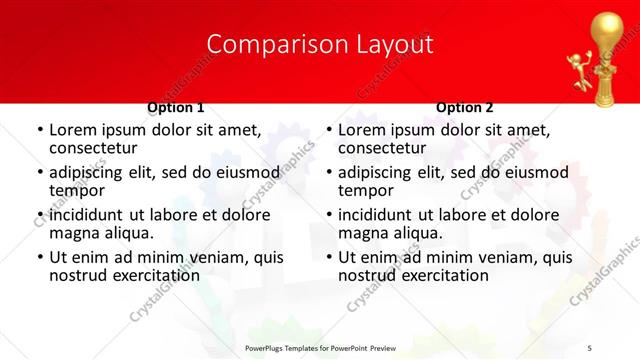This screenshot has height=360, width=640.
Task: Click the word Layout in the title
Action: pos(389,44)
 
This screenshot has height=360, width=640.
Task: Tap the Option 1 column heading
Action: pos(176,107)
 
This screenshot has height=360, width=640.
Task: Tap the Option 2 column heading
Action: pos(464,107)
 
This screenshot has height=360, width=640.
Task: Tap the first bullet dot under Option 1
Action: pos(39,130)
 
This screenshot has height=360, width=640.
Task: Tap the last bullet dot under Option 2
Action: pos(328,257)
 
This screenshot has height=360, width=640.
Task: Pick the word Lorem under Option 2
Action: pos(362,130)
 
